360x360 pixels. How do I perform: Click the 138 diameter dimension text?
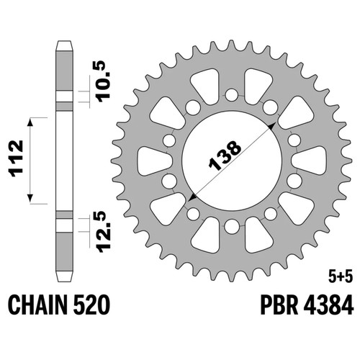point(225,156)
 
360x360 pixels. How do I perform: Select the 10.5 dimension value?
point(103,81)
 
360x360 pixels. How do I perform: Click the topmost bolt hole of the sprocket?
point(232,95)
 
